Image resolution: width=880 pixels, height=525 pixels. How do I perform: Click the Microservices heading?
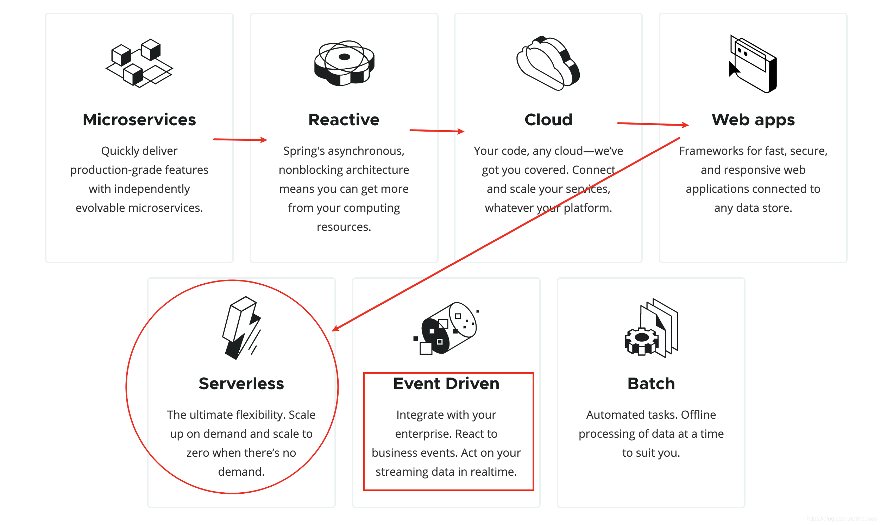click(x=139, y=120)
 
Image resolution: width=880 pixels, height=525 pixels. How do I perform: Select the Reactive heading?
click(x=344, y=120)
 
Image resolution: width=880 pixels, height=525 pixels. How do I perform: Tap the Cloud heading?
click(x=548, y=120)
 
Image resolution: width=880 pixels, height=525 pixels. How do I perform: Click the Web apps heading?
click(x=753, y=120)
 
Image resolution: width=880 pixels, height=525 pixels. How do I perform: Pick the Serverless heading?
click(x=241, y=384)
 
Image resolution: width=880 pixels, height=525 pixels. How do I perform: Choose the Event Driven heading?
click(x=446, y=384)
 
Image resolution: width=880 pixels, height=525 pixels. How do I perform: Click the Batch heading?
click(x=651, y=384)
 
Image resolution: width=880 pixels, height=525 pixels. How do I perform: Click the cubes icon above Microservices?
click(x=139, y=63)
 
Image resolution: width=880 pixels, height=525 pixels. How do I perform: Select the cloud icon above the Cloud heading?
click(x=548, y=63)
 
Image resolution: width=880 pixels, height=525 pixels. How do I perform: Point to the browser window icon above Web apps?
click(x=753, y=64)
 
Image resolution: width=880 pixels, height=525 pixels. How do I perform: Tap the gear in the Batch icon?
click(x=641, y=341)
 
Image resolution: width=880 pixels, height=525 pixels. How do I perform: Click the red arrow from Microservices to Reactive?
click(x=240, y=140)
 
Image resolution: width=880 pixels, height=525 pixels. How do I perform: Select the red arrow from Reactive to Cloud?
click(x=436, y=131)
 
